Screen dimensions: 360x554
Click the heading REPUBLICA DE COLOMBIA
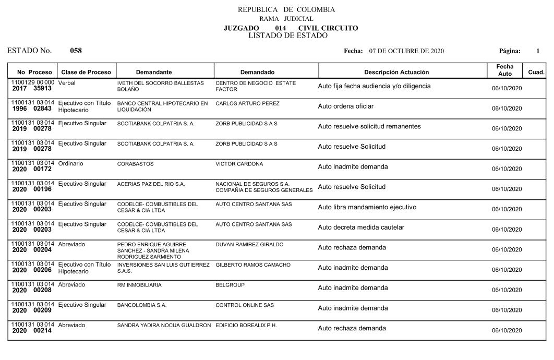point(286,9)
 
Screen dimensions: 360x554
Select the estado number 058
point(76,51)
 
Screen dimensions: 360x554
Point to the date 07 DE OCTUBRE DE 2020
point(406,51)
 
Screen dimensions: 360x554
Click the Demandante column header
point(154,72)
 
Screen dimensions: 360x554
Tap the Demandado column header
point(257,72)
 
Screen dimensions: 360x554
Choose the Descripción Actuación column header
point(396,72)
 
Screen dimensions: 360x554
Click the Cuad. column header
point(536,72)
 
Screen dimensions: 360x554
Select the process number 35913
point(42,89)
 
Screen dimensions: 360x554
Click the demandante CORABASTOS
point(136,164)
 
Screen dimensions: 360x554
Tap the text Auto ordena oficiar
point(346,106)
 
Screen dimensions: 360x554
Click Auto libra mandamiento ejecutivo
point(367,207)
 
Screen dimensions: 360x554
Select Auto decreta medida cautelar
point(361,227)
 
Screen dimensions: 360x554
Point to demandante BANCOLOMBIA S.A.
point(142,305)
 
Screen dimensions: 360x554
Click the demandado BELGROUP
point(230,285)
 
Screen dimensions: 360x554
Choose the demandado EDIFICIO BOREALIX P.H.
point(246,326)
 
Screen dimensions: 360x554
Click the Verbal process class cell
point(68,83)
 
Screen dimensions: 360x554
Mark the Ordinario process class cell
point(71,164)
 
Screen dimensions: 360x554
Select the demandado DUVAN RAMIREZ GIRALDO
point(249,245)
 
